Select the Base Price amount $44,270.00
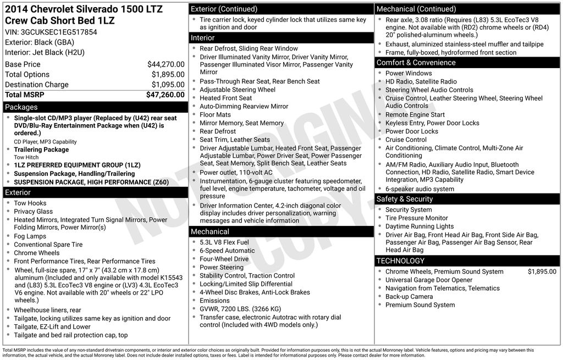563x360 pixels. point(165,64)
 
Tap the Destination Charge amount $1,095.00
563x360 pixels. point(168,85)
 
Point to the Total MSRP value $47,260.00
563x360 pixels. point(165,95)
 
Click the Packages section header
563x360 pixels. point(21,107)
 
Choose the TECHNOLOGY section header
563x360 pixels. point(401,261)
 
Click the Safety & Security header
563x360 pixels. point(405,199)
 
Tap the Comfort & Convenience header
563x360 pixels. point(416,63)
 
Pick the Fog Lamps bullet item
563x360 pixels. point(30,236)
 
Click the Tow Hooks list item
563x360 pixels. point(30,203)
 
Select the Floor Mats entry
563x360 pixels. point(215,115)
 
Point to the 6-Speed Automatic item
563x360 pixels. point(227,251)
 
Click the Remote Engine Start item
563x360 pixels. point(415,115)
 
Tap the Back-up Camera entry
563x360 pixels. point(409,297)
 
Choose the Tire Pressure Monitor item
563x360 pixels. point(416,218)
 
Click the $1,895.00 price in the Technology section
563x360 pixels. point(542,272)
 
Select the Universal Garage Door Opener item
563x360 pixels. point(429,280)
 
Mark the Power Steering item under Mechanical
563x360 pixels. point(221,267)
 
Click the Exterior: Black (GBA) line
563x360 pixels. point(40,42)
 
